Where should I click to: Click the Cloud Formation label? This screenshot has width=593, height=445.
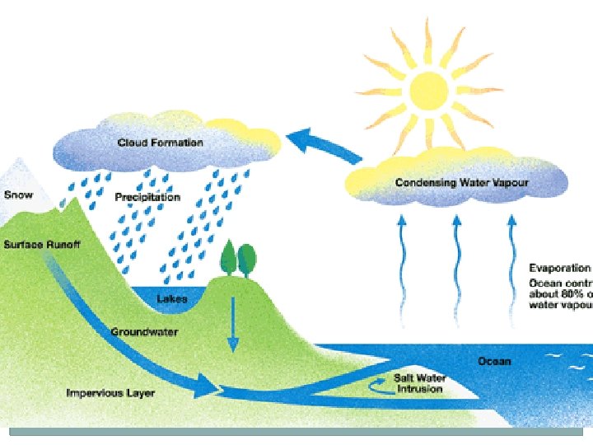click(x=160, y=143)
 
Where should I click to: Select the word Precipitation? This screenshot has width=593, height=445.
click(x=147, y=197)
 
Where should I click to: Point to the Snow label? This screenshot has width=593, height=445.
click(x=18, y=195)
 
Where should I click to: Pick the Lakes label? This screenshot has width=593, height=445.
click(x=172, y=298)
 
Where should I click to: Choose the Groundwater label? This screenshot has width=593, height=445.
click(x=144, y=332)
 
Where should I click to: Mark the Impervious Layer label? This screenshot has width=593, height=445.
click(x=110, y=392)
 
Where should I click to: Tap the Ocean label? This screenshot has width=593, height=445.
click(x=494, y=361)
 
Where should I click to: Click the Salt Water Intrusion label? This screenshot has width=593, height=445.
click(x=418, y=383)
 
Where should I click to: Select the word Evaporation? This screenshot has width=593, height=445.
click(x=559, y=268)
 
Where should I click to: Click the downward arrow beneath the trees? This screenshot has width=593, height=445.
click(x=232, y=326)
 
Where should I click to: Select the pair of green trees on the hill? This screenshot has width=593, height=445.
click(x=239, y=260)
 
